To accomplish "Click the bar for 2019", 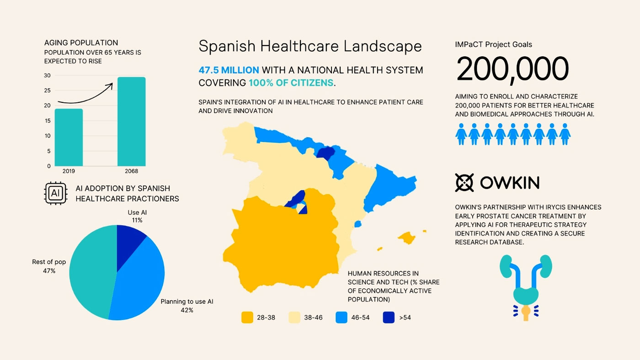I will tap(69, 137).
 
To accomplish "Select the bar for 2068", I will tap(131, 122).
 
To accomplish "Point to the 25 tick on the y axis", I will tap(48, 90).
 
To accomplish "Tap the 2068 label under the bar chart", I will tap(131, 171).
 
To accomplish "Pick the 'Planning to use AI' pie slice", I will tap(139, 283).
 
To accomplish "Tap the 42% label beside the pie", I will tap(187, 310).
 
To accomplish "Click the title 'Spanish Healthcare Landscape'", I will tap(310, 46).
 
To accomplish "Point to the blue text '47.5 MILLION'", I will tap(229, 70).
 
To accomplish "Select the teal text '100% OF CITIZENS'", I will tap(291, 83).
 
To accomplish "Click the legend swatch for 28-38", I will tap(247, 318).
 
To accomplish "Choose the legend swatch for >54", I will tap(389, 318).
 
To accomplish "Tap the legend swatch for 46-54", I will tap(341, 318).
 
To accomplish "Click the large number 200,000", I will tap(512, 69).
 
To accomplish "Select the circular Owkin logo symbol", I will tap(464, 183).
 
